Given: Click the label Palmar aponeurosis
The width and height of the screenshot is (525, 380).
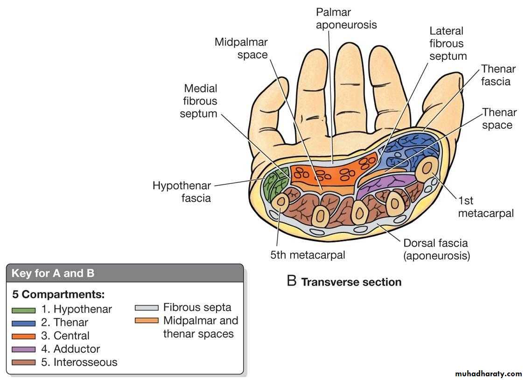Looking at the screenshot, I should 346,18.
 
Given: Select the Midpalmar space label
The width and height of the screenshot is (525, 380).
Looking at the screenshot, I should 241,49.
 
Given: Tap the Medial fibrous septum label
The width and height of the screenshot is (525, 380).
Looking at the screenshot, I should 200,100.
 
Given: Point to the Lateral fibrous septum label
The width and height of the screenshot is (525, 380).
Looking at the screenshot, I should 448,43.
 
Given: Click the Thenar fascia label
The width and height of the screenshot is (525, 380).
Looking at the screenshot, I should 498,75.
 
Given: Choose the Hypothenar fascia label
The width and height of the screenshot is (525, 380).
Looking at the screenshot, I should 182,192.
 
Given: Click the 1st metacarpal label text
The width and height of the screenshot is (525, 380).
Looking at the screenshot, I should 485,207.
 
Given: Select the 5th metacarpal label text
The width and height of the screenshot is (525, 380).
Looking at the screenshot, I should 308,255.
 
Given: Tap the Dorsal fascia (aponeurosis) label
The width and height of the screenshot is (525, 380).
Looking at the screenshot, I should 436,249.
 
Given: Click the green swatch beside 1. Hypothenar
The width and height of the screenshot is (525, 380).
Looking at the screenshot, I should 23,310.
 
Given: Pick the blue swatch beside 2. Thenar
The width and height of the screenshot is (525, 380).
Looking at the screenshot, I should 23,323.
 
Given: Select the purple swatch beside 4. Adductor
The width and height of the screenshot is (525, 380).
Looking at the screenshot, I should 23,349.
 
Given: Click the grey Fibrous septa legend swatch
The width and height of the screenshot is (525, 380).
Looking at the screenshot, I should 146,308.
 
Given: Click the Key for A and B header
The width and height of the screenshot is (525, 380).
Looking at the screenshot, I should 53,274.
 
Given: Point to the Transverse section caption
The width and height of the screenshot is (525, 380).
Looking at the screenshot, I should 350,282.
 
